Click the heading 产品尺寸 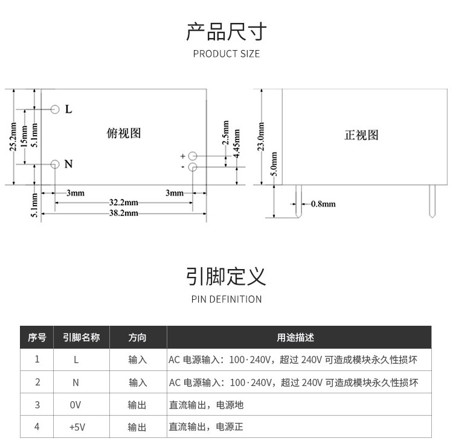pyautogui.click(x=226, y=31)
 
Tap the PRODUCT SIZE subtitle pyautogui.click(x=226, y=54)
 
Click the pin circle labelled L pyautogui.click(x=55, y=109)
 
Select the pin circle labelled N pyautogui.click(x=55, y=163)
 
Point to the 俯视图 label pyautogui.click(x=124, y=133)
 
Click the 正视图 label pyautogui.click(x=361, y=135)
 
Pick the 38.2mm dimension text pyautogui.click(x=123, y=213)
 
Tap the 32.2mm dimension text pyautogui.click(x=123, y=202)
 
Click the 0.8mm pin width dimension pyautogui.click(x=323, y=204)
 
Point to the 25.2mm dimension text pyautogui.click(x=13, y=138)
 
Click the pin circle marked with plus pyautogui.click(x=193, y=156)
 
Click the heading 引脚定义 pyautogui.click(x=226, y=277)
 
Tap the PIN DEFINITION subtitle pyautogui.click(x=226, y=299)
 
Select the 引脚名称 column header pyautogui.click(x=81, y=337)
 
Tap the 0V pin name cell pyautogui.click(x=75, y=405)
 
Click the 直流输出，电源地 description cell pyautogui.click(x=206, y=405)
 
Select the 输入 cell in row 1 pyautogui.click(x=138, y=360)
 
